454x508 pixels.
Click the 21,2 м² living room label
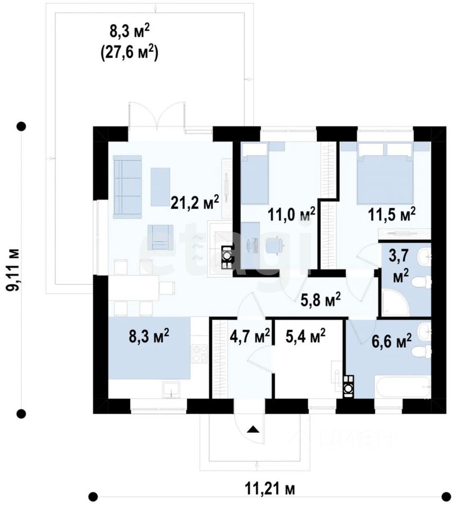pos(195,202)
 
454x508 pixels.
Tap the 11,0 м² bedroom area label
pos(292,214)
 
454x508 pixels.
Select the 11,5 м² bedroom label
pos(392,214)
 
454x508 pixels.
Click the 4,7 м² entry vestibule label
pos(250,335)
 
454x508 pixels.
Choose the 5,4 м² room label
pos(306,335)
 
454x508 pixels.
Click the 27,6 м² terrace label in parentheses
pos(129,52)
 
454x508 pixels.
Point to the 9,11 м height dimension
pos(14,270)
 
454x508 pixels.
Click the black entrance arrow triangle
pos(253,430)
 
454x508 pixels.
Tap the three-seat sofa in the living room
pos(128,187)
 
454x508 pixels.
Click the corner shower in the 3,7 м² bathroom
pos(395,302)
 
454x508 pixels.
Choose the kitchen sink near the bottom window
pos(171,389)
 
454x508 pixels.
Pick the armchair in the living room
pos(160,238)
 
